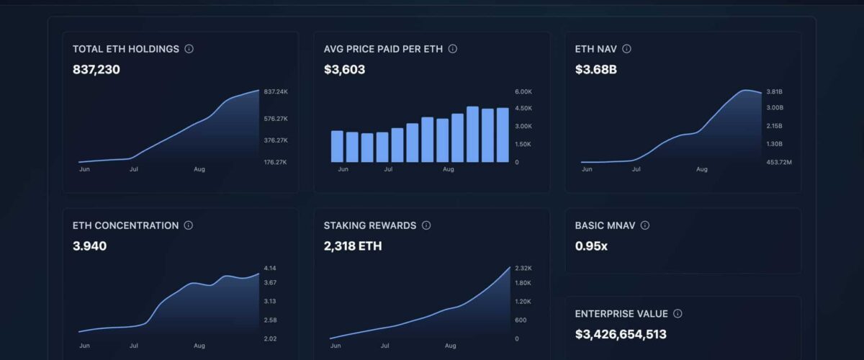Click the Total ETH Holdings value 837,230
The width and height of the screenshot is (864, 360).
click(x=96, y=70)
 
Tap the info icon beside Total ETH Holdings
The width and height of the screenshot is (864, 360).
click(x=189, y=49)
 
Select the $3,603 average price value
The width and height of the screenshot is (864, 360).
click(x=344, y=70)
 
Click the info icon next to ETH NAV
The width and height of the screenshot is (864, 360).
click(x=626, y=49)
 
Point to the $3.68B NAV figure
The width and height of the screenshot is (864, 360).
click(x=595, y=70)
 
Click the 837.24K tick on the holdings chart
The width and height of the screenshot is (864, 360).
click(x=276, y=92)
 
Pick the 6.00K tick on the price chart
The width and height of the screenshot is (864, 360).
click(x=523, y=92)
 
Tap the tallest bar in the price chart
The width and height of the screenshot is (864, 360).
click(x=472, y=134)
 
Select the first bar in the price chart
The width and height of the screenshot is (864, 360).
click(x=337, y=146)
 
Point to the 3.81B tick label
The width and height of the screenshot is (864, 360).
click(x=774, y=92)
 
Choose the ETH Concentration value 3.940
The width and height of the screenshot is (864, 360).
click(x=89, y=246)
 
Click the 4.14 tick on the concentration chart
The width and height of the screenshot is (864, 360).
click(x=270, y=269)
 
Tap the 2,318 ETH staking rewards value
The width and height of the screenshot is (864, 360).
click(x=353, y=246)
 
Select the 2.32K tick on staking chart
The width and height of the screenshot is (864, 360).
click(x=523, y=269)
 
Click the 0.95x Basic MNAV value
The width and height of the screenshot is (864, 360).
click(x=591, y=246)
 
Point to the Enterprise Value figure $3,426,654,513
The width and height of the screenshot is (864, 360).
click(x=621, y=334)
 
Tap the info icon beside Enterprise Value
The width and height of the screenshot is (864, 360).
click(x=678, y=314)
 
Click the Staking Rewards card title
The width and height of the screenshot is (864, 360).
click(x=370, y=225)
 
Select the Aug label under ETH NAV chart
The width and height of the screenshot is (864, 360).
click(x=701, y=169)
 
